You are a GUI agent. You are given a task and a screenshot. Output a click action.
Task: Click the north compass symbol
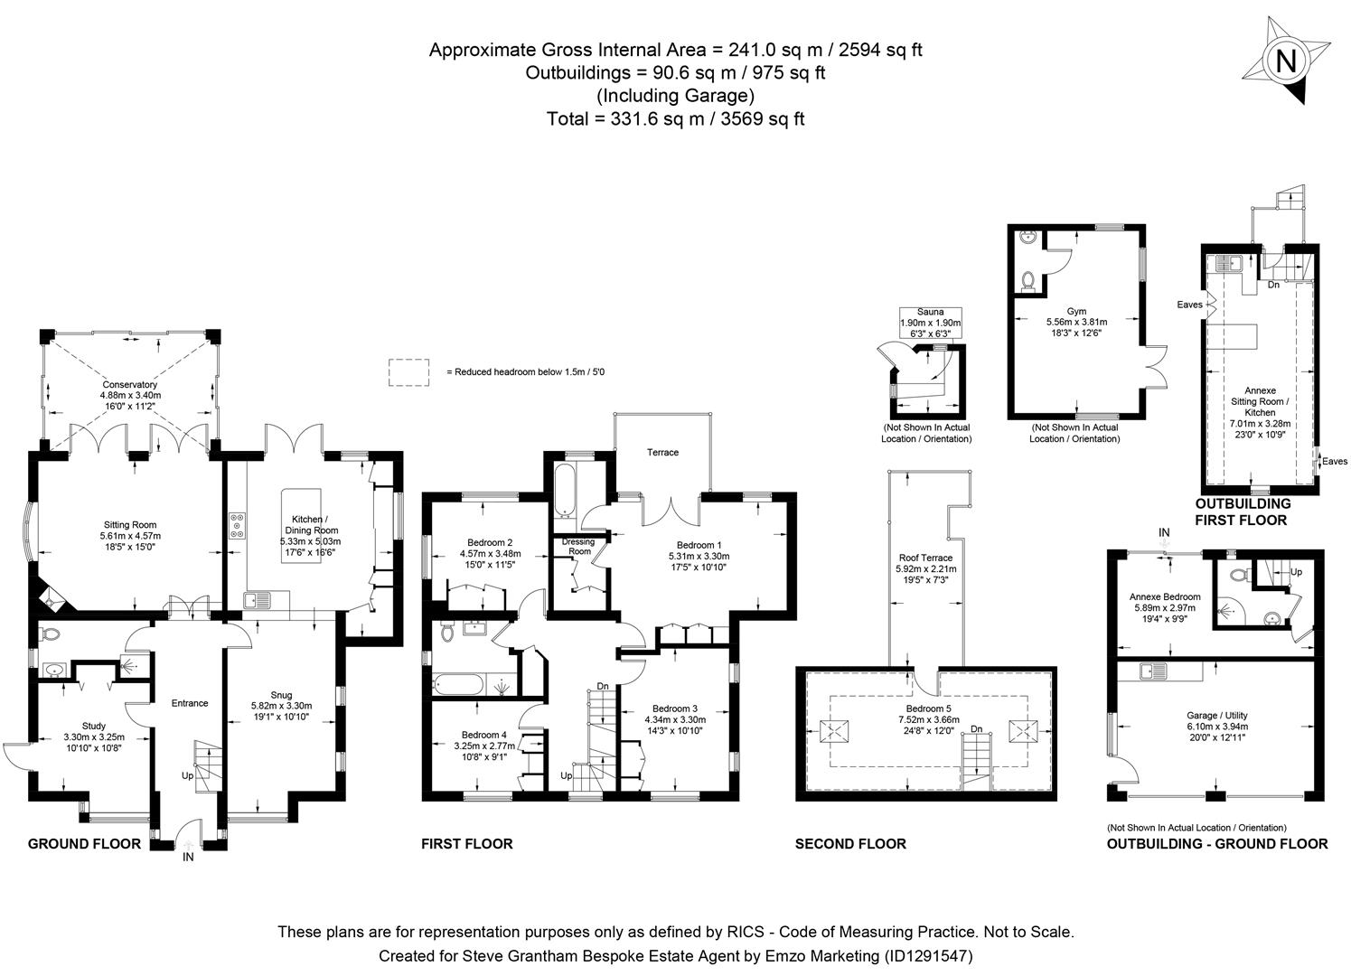(1285, 62)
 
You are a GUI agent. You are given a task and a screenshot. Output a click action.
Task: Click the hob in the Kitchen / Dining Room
(238, 526)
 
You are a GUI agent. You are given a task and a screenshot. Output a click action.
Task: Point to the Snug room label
(281, 694)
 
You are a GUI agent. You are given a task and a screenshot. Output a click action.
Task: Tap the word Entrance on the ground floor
(190, 703)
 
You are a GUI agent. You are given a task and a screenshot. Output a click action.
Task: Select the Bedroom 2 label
(486, 542)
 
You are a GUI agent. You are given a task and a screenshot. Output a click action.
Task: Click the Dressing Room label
(578, 547)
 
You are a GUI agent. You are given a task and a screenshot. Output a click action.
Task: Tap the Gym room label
(1076, 311)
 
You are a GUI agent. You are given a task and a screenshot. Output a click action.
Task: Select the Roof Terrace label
(925, 558)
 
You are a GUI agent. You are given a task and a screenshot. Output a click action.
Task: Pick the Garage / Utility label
(1215, 715)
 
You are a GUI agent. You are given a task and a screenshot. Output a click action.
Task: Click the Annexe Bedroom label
(1165, 596)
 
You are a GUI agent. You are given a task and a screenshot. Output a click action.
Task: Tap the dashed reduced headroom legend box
(409, 372)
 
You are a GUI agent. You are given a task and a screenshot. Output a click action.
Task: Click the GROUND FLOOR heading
(84, 844)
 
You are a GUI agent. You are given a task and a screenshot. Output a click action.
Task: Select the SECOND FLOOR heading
(850, 844)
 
